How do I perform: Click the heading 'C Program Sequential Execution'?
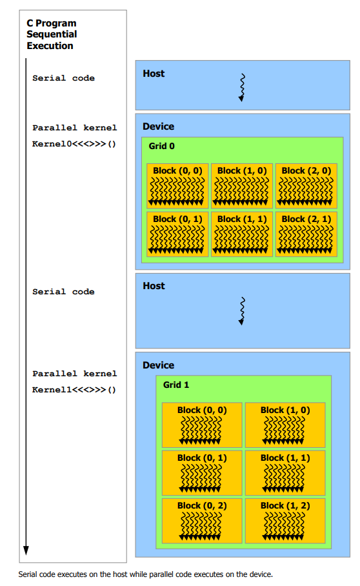[52, 34]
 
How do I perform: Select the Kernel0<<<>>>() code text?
[74, 143]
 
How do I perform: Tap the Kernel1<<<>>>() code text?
[74, 390]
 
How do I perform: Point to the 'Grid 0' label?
[161, 146]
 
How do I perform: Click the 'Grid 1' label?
[176, 385]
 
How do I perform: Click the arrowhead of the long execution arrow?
[26, 551]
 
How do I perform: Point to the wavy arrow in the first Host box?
[241, 87]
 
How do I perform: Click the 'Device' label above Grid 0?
[158, 126]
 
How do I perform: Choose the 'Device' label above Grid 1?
[158, 365]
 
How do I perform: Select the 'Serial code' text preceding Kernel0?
[63, 78]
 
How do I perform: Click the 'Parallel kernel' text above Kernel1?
[74, 374]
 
